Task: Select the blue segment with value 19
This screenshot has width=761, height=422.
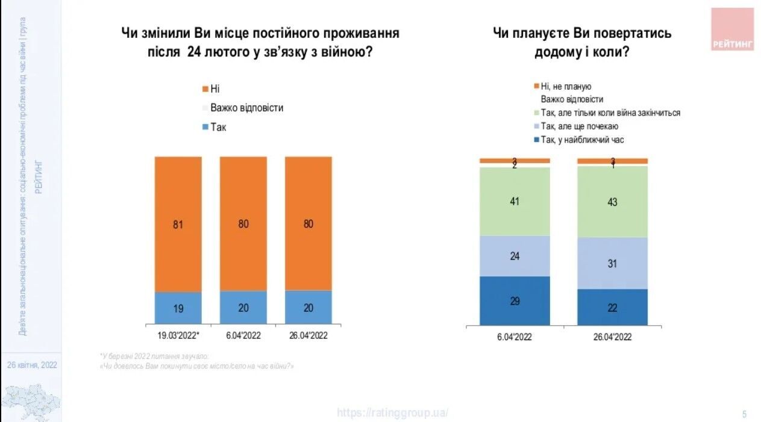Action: pos(178,309)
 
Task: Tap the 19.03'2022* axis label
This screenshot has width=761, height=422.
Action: pos(178,336)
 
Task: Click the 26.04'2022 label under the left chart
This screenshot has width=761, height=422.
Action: pos(308,336)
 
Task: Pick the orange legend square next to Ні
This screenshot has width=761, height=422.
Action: pos(205,89)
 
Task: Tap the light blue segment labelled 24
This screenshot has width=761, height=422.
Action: pos(515,256)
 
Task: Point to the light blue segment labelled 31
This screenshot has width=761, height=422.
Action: pos(612,263)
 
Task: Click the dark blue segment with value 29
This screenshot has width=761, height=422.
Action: pos(515,301)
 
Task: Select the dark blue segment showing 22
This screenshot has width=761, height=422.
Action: pos(612,307)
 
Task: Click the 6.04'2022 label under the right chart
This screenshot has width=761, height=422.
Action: pos(515,337)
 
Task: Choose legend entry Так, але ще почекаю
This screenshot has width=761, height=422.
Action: pos(580,126)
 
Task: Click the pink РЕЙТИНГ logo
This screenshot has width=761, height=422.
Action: pos(732,29)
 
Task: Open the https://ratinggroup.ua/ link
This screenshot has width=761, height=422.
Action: pos(392,413)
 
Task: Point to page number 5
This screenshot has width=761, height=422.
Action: pos(745,414)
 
